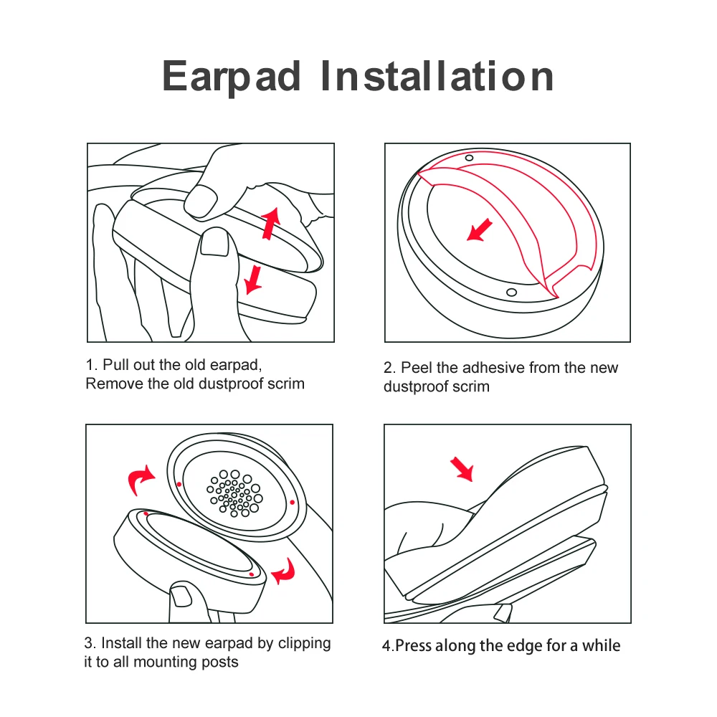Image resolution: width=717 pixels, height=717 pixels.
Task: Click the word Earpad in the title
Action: (x=232, y=76)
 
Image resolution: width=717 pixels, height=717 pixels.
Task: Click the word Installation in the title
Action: (x=437, y=76)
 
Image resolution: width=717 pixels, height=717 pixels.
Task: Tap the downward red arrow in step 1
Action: (x=252, y=278)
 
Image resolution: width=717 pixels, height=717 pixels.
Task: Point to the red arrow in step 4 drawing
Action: (x=462, y=469)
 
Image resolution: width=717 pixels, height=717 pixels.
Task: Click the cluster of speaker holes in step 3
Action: (x=234, y=493)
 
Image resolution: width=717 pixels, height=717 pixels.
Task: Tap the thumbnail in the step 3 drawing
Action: (x=179, y=594)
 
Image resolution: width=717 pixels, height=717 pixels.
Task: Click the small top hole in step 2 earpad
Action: (x=469, y=158)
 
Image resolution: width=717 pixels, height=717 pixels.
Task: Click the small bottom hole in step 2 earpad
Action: (x=511, y=292)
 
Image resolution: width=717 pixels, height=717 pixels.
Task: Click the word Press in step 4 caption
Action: (x=414, y=645)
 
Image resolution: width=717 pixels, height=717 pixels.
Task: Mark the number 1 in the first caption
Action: (x=90, y=365)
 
